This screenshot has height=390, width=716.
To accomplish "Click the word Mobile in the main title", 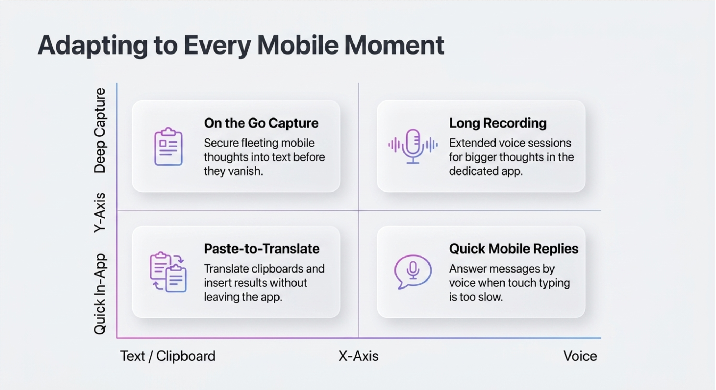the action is pyautogui.click(x=298, y=45).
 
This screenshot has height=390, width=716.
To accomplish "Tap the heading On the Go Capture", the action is pyautogui.click(x=261, y=123).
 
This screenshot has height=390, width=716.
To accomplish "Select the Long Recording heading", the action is pyautogui.click(x=498, y=123).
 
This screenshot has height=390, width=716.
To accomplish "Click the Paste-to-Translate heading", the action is pyautogui.click(x=261, y=249).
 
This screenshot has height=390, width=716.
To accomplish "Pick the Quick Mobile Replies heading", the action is pyautogui.click(x=514, y=249).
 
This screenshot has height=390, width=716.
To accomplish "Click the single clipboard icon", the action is pyautogui.click(x=168, y=146).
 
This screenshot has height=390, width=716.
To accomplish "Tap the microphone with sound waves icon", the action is pyautogui.click(x=413, y=146).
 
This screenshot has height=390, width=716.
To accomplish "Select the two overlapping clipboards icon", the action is pyautogui.click(x=168, y=272).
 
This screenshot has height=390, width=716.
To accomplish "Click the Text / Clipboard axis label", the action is pyautogui.click(x=168, y=356).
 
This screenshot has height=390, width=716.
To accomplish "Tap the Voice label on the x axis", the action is pyautogui.click(x=580, y=356).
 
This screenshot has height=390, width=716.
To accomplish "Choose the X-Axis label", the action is pyautogui.click(x=358, y=356).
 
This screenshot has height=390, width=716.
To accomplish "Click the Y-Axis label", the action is pyautogui.click(x=100, y=212).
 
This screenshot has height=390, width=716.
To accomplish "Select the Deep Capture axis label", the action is pyautogui.click(x=100, y=130).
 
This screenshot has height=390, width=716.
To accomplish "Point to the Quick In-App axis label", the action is pyautogui.click(x=100, y=294).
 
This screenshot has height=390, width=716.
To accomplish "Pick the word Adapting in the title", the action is pyautogui.click(x=93, y=46).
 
